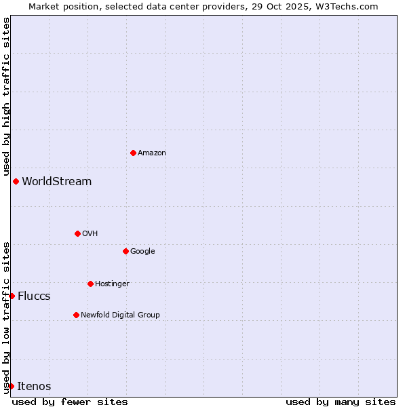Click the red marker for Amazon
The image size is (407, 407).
tap(133, 153)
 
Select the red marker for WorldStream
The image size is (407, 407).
tap(16, 181)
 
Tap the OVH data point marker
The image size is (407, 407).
tap(77, 233)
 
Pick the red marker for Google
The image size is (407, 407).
tap(125, 251)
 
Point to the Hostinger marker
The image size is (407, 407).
tap(90, 284)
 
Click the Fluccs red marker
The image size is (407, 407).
tap(12, 296)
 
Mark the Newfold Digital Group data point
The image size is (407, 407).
tap(76, 315)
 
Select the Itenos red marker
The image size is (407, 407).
tap(11, 386)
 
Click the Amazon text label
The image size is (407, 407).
tap(152, 153)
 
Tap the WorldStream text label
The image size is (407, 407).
tap(57, 182)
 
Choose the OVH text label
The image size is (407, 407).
tap(90, 234)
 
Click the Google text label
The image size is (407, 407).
tap(142, 252)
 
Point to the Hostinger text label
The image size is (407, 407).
tap(112, 284)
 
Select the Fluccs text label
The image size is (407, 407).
tap(34, 296)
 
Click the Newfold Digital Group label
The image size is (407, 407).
tap(120, 315)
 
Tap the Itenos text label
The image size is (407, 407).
tap(34, 387)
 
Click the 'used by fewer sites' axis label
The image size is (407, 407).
tap(70, 402)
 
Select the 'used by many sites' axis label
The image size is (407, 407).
tap(341, 402)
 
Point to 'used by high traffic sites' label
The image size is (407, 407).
tap(6, 96)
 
